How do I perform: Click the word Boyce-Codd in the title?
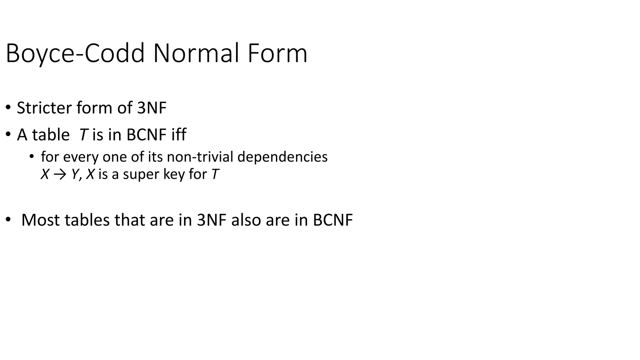pos(75,54)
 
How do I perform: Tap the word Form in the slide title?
pos(277,54)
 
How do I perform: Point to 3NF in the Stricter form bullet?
pos(152,108)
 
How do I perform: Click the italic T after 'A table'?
pos(83,135)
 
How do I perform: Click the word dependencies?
pos(282,157)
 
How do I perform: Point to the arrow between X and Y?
pos(60,174)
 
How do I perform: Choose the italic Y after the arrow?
pos(75,174)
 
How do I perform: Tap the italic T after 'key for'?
pos(215,174)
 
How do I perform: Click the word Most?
pos(41,220)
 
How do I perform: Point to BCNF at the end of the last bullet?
pos(332,220)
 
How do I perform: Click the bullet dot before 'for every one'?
pos(31,156)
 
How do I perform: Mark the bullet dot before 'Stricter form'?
pos(8,108)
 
